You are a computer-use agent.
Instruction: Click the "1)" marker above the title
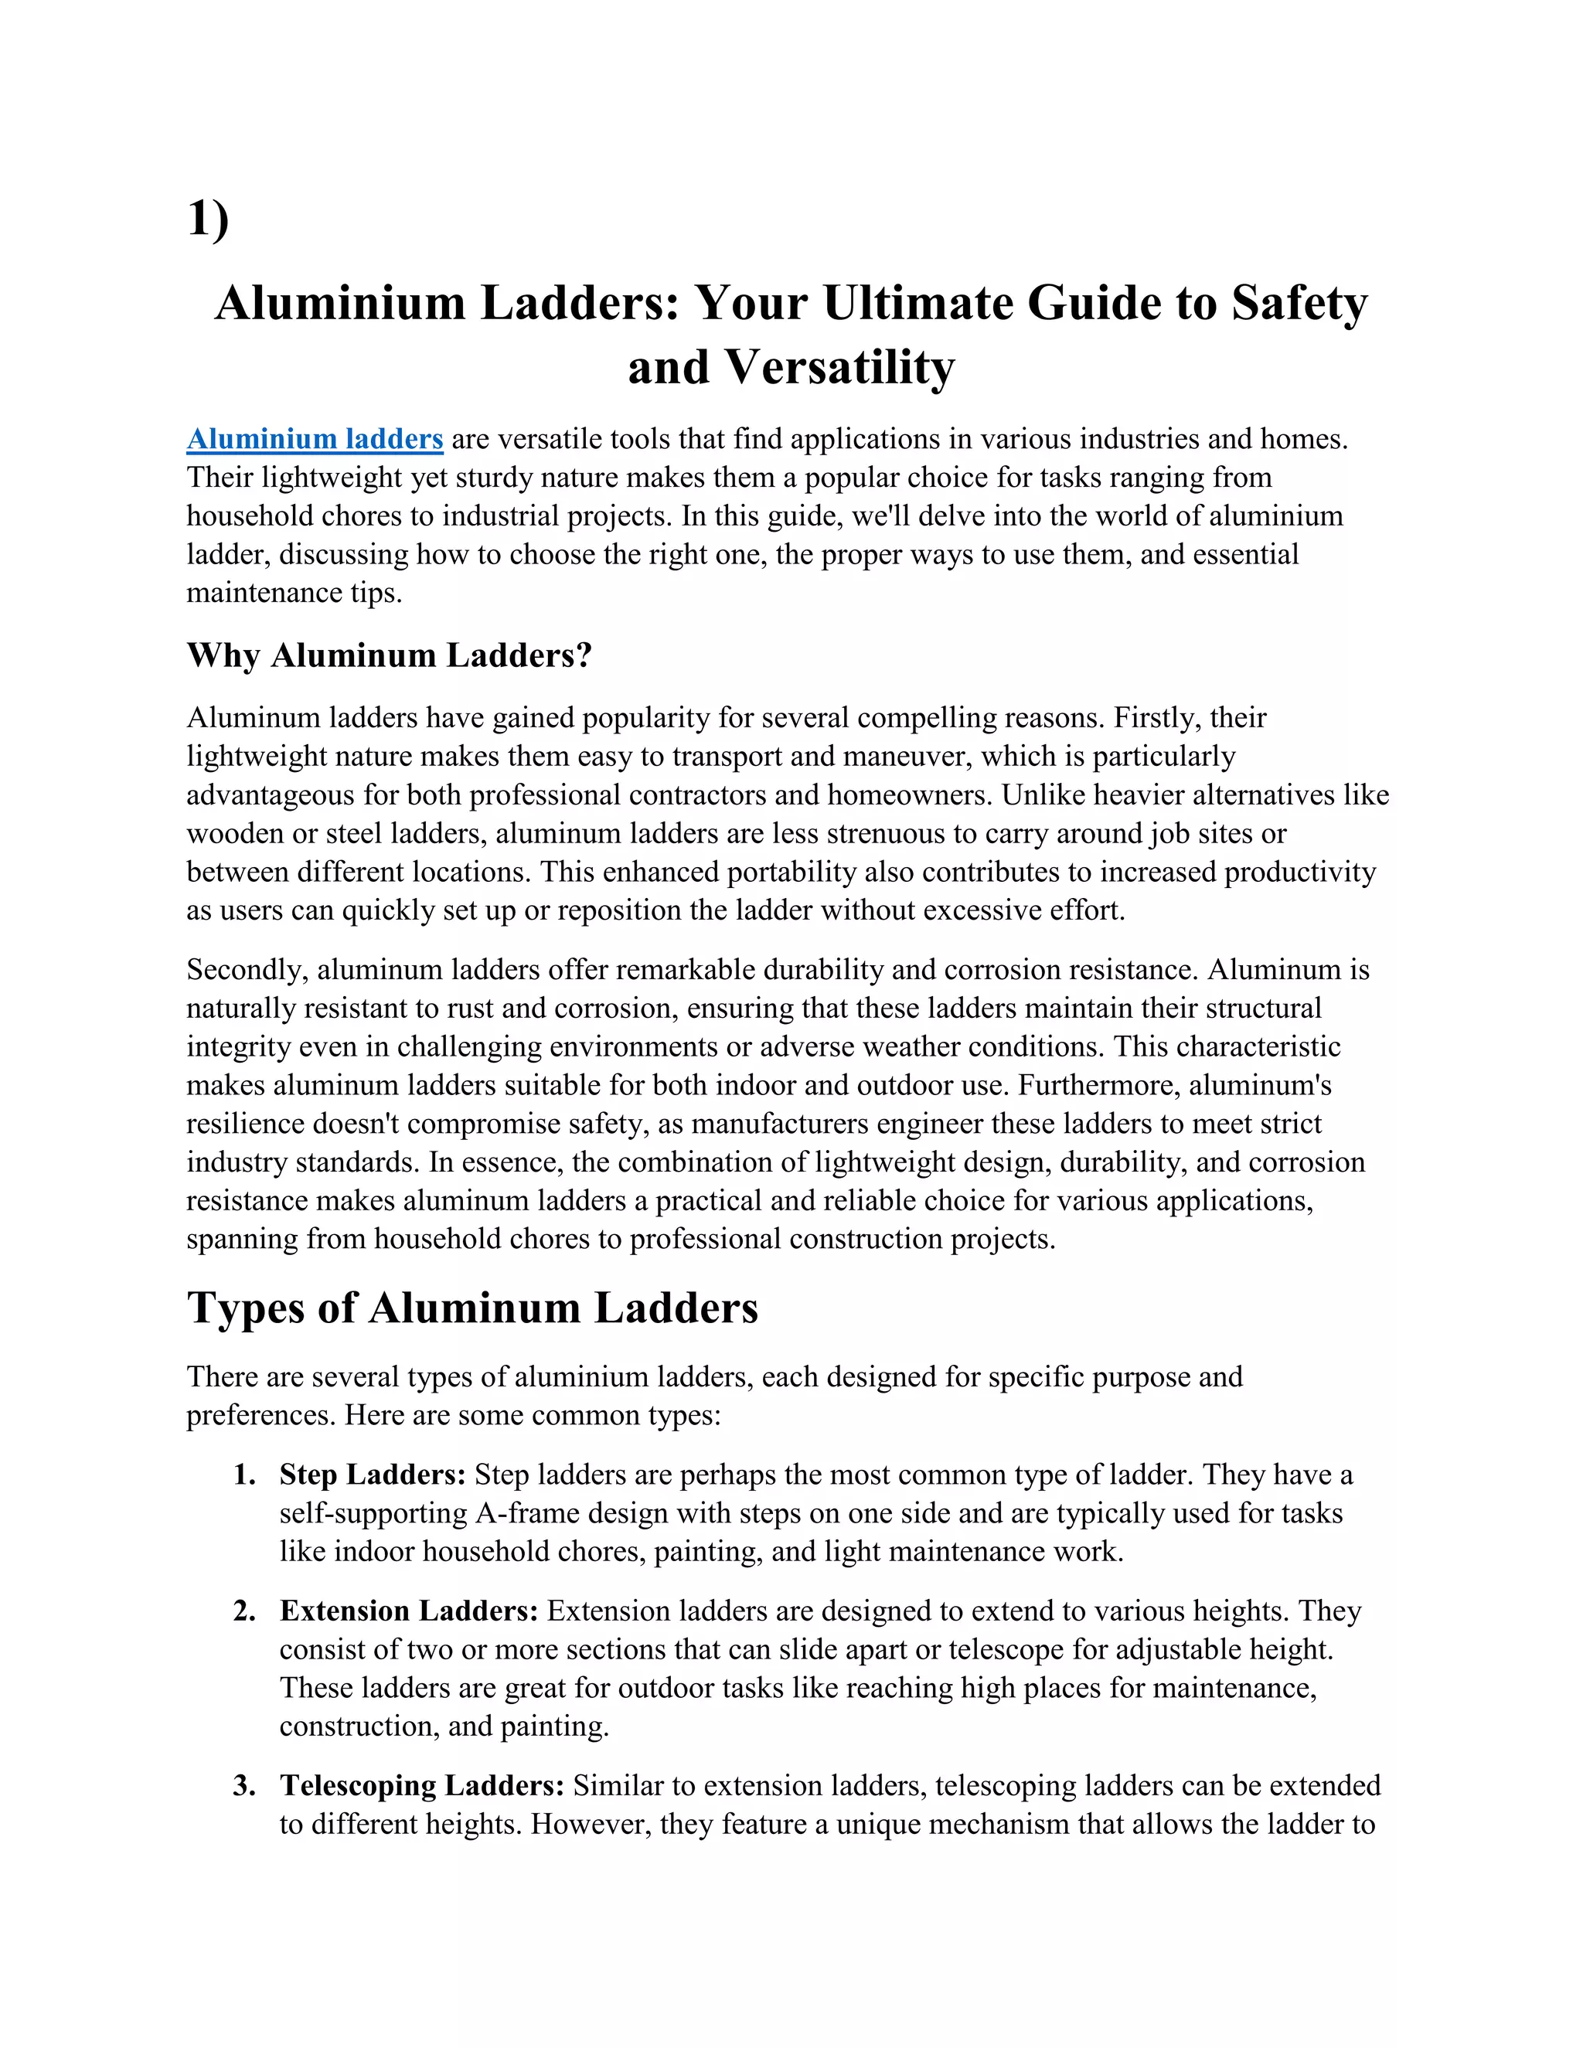[208, 219]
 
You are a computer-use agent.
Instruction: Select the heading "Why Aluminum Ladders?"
[390, 655]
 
